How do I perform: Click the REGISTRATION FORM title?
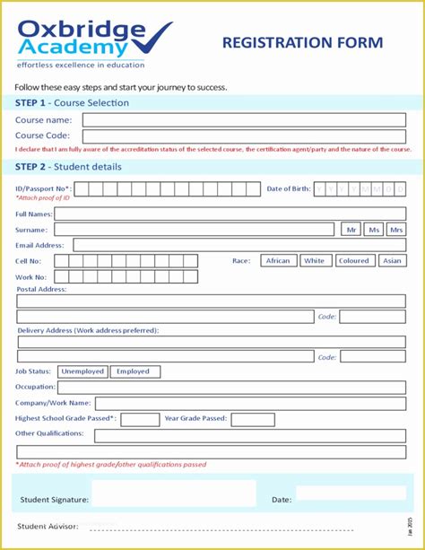(302, 42)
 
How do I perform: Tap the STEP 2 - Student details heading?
(68, 167)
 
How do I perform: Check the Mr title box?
(351, 230)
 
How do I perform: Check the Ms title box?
(374, 230)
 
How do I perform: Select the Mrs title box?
(396, 230)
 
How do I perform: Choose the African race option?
(278, 261)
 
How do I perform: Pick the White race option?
(314, 261)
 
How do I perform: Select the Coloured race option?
(353, 261)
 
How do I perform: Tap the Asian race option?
(392, 261)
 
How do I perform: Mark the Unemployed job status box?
(82, 371)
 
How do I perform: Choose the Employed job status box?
(134, 371)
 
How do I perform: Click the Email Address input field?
(239, 245)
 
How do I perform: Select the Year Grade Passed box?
(253, 419)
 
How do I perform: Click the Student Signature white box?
(173, 493)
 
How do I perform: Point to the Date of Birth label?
(289, 188)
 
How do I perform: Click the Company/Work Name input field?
(250, 404)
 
